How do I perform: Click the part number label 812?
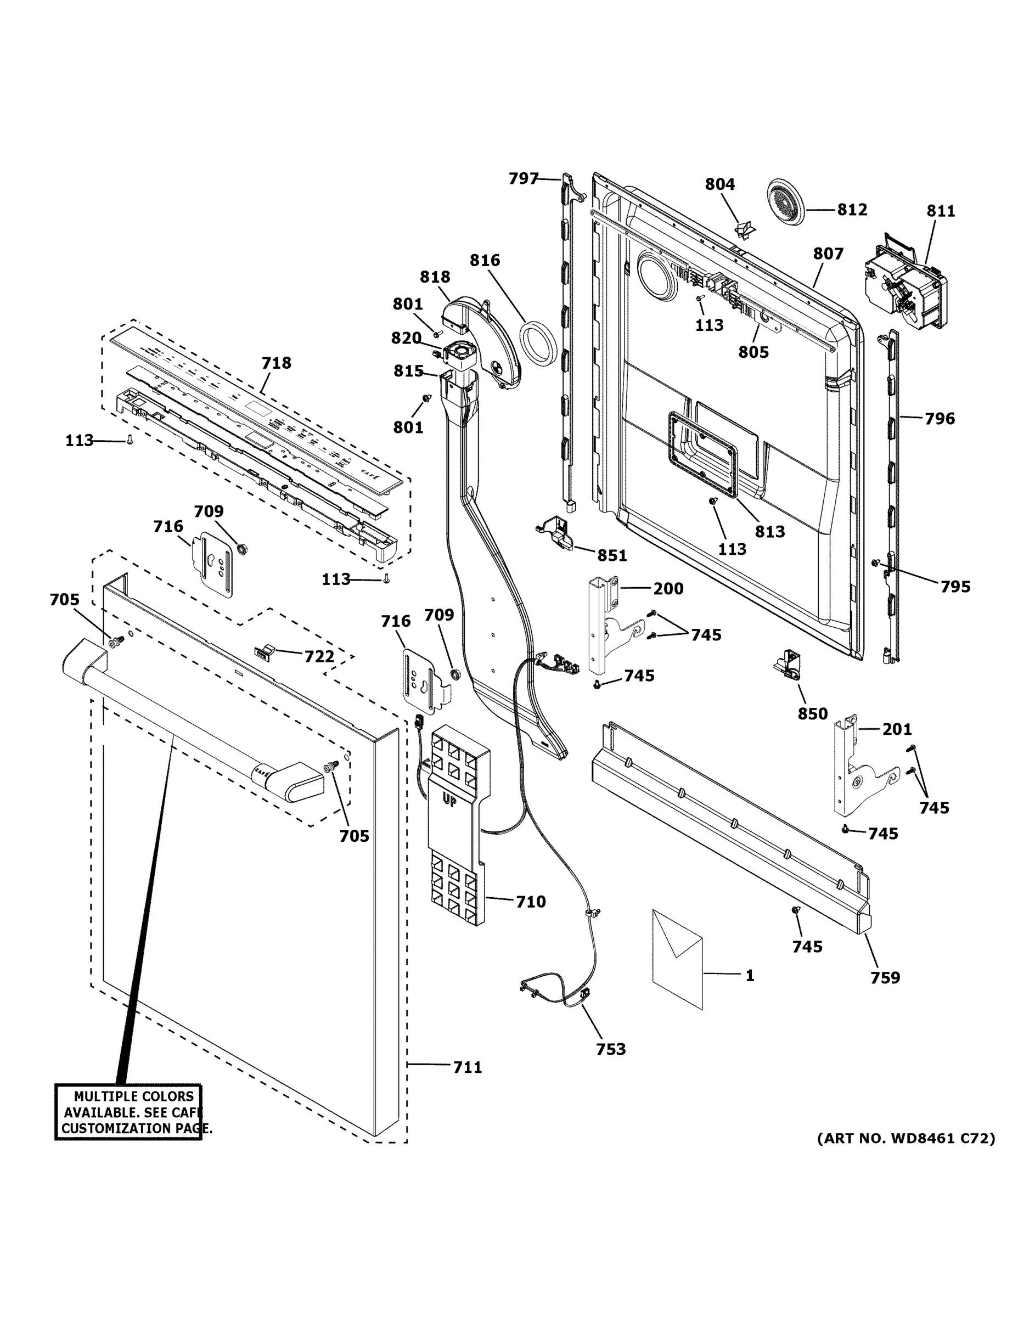click(852, 209)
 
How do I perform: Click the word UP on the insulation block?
click(449, 801)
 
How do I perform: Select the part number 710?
click(531, 902)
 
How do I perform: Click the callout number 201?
click(897, 729)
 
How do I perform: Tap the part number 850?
click(812, 713)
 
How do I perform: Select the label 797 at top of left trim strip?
click(523, 178)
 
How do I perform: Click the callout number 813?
click(770, 531)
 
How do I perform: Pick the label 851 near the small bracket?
click(612, 555)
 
